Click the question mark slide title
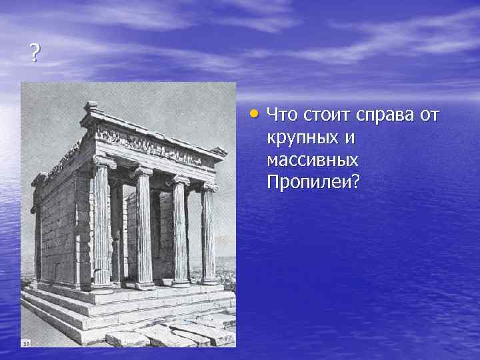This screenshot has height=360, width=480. coord(35,53)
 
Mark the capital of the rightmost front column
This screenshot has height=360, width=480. coord(211,188)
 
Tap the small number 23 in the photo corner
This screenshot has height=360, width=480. coord(26,343)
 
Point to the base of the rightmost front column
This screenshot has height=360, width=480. coord(211,281)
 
